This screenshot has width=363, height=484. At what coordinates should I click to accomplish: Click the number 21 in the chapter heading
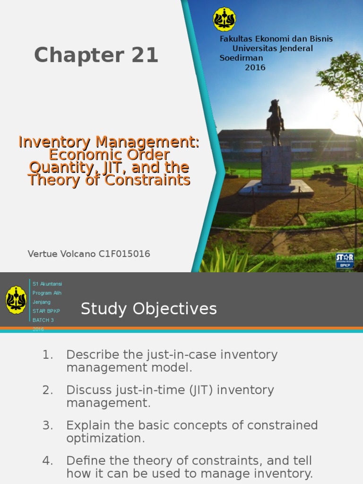140,56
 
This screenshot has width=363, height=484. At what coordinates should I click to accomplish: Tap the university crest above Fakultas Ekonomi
224,19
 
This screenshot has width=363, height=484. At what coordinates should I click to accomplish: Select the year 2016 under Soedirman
255,68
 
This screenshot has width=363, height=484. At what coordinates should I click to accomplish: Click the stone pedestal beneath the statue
276,165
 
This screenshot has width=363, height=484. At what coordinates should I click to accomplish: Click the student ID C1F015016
124,254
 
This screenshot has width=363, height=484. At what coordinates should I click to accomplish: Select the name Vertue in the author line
43,254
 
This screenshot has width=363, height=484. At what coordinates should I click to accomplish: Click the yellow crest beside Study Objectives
16,300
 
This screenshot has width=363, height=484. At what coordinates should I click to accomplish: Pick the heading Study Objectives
148,309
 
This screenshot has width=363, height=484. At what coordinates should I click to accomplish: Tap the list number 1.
47,354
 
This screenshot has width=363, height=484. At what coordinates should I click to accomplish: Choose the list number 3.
47,425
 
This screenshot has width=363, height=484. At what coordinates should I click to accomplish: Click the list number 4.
47,460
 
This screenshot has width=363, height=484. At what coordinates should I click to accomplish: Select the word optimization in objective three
105,438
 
